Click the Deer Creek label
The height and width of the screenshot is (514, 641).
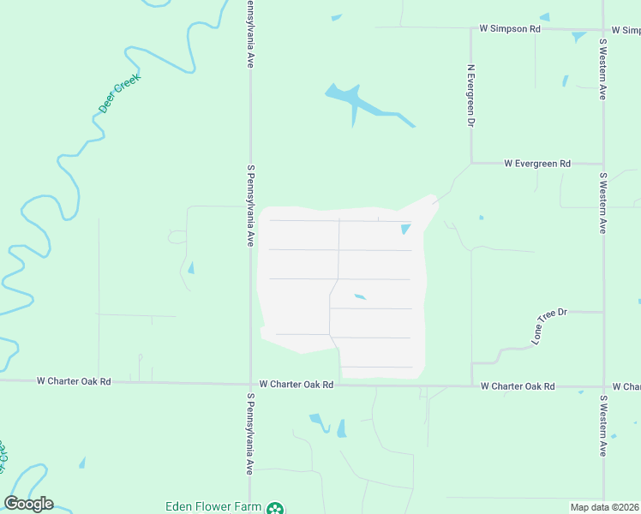pyautogui.click(x=119, y=94)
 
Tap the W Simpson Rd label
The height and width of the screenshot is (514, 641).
pyautogui.click(x=510, y=28)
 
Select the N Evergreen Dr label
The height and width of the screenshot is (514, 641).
pyautogui.click(x=470, y=93)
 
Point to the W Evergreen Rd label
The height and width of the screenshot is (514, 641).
pyautogui.click(x=537, y=163)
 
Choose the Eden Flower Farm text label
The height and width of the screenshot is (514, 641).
pyautogui.click(x=213, y=506)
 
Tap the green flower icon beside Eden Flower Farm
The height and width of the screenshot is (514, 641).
pyautogui.click(x=275, y=508)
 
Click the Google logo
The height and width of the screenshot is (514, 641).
pyautogui.click(x=28, y=504)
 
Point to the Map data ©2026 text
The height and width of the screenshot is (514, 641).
pyautogui.click(x=603, y=507)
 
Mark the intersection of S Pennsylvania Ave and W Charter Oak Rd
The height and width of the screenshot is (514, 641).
pyautogui.click(x=251, y=385)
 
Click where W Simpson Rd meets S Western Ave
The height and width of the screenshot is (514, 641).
pyautogui.click(x=603, y=29)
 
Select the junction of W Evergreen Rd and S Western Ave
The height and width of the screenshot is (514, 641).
pyautogui.click(x=603, y=163)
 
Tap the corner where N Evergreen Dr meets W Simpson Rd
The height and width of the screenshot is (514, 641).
pyautogui.click(x=471, y=28)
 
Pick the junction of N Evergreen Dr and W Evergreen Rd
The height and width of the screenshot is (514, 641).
pyautogui.click(x=471, y=163)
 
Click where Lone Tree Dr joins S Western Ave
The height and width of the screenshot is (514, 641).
pyautogui.click(x=603, y=312)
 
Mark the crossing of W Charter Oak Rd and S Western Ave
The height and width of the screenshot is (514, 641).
pyautogui.click(x=603, y=386)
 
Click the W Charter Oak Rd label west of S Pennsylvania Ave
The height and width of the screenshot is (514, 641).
pyautogui.click(x=75, y=381)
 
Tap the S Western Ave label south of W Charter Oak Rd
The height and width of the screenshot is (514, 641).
pyautogui.click(x=603, y=426)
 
